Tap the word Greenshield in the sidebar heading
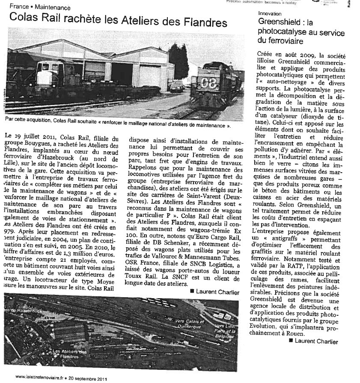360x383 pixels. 279,22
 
